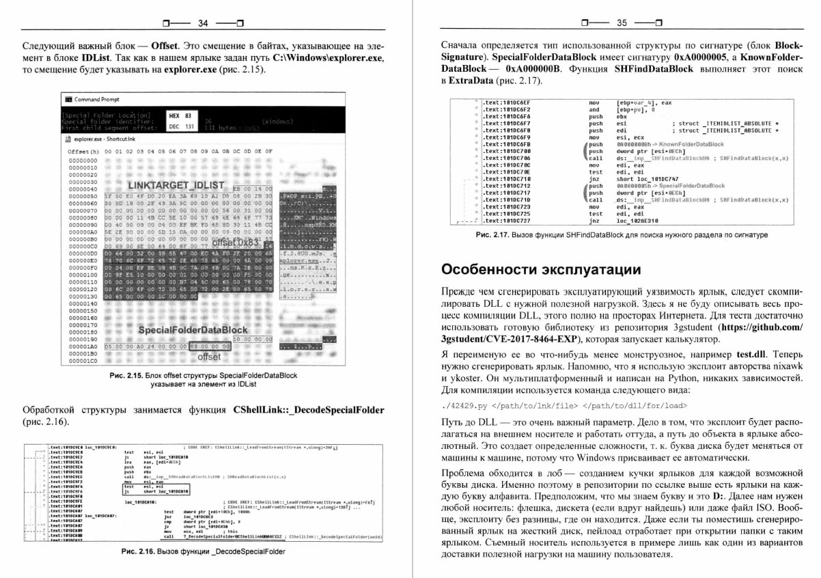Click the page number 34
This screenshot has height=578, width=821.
pos(202,23)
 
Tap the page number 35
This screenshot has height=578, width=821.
pos(621,23)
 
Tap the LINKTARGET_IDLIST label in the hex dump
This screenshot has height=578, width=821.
pos(176,186)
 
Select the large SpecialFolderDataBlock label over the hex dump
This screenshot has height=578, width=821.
pos(193,330)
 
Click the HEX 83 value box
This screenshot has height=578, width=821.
pos(181,116)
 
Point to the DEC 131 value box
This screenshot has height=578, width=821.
pos(181,126)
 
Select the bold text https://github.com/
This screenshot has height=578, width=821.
pos(759,327)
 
